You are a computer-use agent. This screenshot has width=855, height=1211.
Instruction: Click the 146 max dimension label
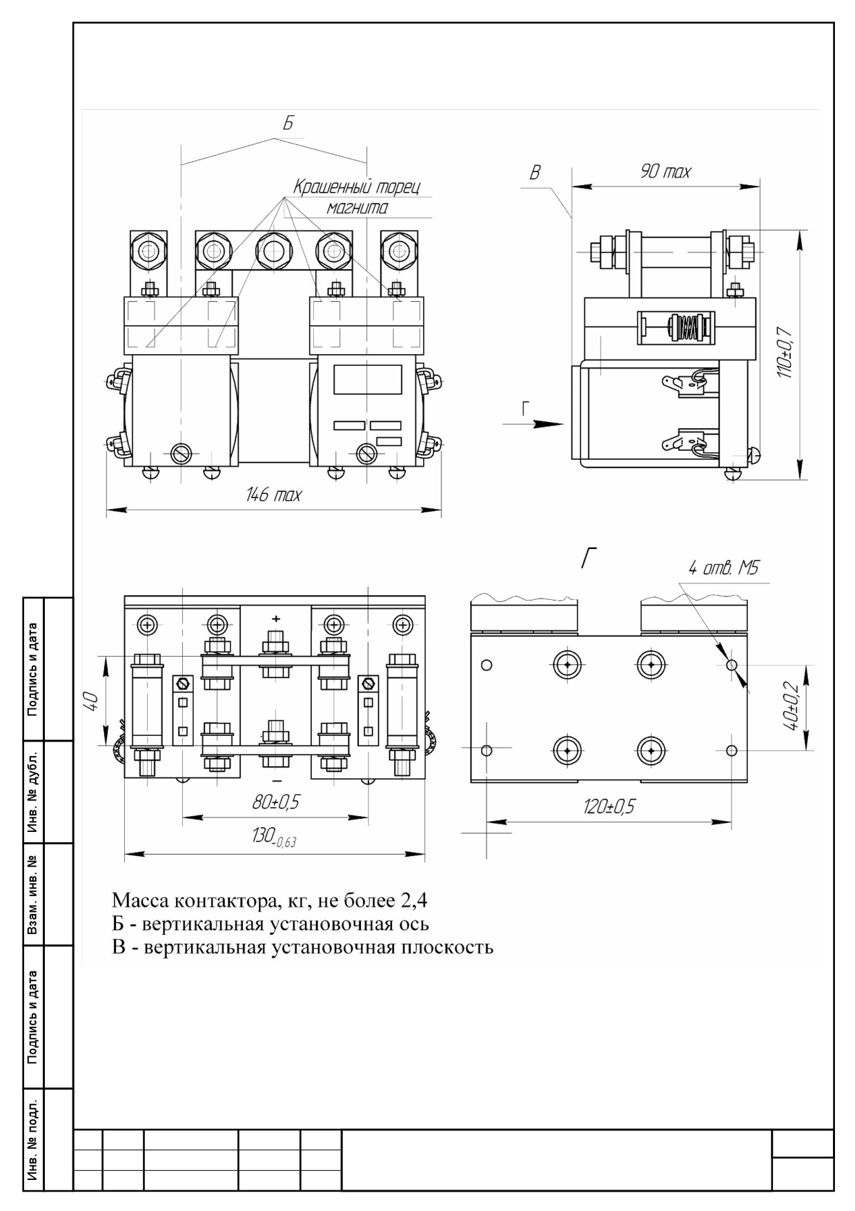274,495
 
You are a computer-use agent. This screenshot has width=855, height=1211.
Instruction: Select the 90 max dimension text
665,172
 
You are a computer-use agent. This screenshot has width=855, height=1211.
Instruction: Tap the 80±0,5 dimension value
275,802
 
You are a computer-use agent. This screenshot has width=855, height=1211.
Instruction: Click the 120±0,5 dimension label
608,806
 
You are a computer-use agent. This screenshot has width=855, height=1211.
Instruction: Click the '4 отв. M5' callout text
723,569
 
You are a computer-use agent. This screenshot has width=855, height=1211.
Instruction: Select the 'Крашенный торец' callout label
356,187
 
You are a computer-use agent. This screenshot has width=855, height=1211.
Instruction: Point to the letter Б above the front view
288,124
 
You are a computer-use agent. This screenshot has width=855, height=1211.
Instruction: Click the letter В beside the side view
535,173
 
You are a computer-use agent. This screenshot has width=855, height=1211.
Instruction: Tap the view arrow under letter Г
533,423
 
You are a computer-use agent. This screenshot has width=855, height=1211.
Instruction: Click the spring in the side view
682,327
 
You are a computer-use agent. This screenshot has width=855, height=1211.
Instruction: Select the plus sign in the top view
276,619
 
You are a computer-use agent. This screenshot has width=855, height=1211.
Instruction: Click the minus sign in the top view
276,779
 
